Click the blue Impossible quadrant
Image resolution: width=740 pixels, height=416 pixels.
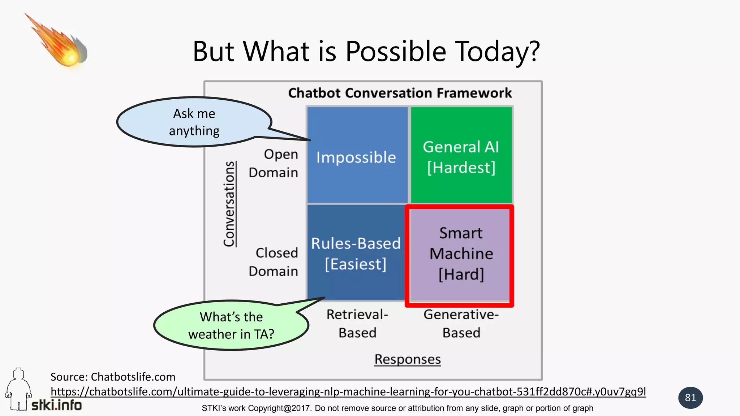357,155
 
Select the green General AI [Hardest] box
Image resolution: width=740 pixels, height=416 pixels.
461,155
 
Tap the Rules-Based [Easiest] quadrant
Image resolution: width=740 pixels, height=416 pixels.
356,253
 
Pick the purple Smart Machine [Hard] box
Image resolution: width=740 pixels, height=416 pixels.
461,254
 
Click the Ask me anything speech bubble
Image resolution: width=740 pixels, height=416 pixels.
194,122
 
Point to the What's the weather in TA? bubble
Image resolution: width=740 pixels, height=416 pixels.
231,325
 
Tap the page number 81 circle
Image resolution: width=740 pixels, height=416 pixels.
690,398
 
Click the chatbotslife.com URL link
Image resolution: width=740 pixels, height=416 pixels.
348,391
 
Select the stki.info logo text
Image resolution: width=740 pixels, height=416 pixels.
57,405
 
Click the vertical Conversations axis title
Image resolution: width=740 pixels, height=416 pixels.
229,204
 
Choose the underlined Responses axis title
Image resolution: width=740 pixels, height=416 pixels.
407,359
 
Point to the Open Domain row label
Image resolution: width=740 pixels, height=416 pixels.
274,163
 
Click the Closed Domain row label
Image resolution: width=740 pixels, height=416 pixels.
274,262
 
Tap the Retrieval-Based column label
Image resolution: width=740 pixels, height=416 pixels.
357,324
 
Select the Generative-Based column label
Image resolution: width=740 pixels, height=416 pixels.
461,324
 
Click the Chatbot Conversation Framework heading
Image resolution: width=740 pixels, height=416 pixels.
400,93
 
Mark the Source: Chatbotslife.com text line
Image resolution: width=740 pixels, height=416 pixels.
113,377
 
